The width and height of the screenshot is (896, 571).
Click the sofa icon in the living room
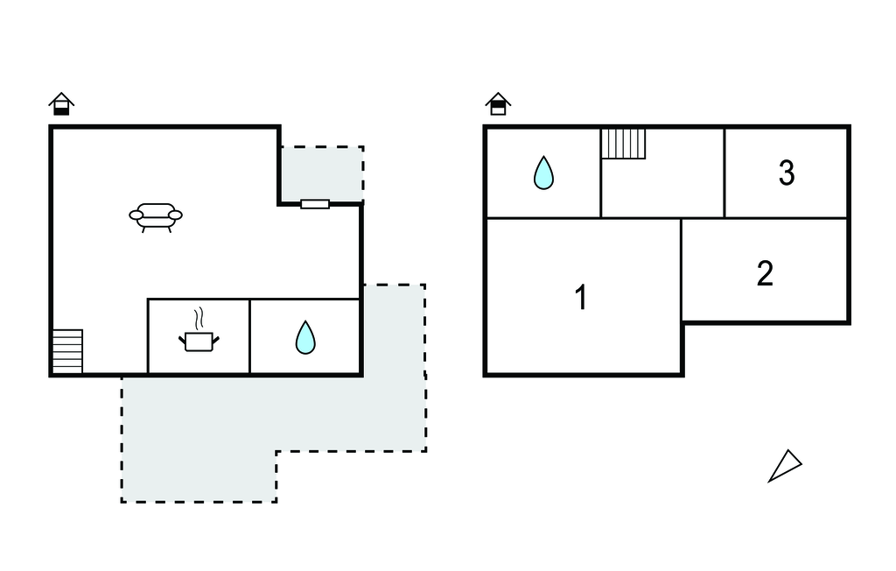tap(156, 215)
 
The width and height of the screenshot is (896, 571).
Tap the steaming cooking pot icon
tap(199, 339)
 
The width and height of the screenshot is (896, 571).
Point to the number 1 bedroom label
tap(581, 298)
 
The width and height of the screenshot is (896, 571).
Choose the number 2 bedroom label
tap(765, 273)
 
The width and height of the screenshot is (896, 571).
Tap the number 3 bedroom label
tap(787, 173)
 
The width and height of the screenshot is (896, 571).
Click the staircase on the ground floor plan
tap(67, 351)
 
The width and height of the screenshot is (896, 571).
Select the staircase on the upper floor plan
tap(623, 144)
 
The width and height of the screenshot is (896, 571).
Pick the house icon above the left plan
tap(61, 103)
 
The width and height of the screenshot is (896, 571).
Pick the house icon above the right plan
tap(498, 103)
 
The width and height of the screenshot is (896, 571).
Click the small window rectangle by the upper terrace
tap(315, 204)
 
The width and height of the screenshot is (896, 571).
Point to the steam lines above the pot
tap(201, 315)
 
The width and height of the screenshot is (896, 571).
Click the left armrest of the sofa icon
tap(136, 215)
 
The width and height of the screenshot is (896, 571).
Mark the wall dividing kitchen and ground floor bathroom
tap(250, 337)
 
